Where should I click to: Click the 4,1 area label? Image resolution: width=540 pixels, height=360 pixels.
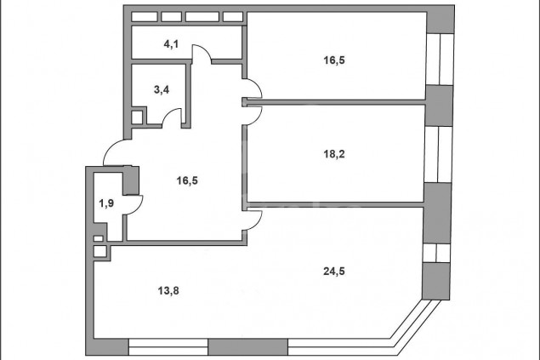(x=171, y=44)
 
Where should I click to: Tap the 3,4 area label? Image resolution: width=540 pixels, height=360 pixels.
(x=162, y=90)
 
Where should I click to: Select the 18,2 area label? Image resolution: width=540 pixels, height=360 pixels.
(x=334, y=154)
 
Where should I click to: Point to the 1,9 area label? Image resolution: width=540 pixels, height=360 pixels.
(x=106, y=203)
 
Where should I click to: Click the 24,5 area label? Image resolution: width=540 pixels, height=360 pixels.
(x=334, y=271)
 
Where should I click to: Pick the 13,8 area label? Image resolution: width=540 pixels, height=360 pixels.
(x=168, y=291)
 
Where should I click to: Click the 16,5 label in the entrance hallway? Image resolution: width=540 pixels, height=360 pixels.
(x=187, y=180)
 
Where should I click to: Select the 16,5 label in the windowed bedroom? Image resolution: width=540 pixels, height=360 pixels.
(x=334, y=60)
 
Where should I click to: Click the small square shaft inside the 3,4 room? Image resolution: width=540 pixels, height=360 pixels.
(x=137, y=117)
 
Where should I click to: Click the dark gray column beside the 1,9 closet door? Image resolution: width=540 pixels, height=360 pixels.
(x=131, y=180)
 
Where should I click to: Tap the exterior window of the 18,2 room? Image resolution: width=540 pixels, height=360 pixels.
(x=438, y=154)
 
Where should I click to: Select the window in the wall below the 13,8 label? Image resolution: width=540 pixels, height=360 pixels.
(x=168, y=347)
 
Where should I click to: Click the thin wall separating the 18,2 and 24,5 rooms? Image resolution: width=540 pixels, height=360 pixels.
(x=335, y=204)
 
